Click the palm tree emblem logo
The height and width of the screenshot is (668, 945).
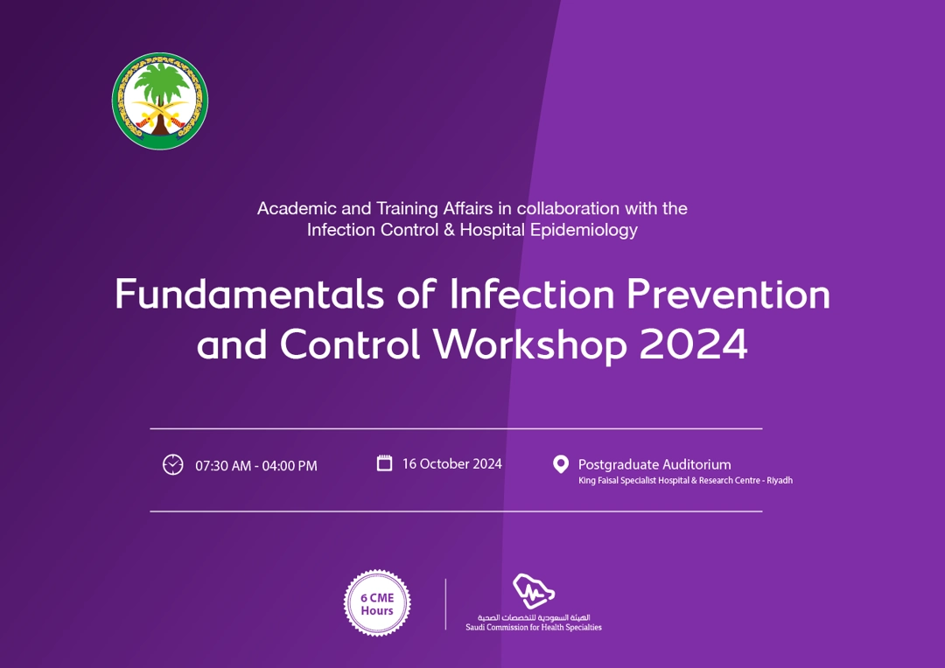160,101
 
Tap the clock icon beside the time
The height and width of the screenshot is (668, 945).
173,465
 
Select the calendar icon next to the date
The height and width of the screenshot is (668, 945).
384,463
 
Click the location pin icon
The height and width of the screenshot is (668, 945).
561,464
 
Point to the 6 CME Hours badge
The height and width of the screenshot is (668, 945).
377,603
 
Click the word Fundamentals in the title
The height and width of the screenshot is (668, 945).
248,295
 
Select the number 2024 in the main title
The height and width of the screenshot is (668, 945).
693,345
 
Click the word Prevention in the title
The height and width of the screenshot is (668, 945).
727,295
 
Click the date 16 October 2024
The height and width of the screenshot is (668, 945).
452,463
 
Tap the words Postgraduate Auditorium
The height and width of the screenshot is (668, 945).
654,464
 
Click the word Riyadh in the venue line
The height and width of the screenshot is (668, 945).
780,481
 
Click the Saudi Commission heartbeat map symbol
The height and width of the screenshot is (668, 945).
534,591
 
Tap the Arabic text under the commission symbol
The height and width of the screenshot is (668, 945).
534,617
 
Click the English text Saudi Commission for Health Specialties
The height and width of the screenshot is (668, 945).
534,628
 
